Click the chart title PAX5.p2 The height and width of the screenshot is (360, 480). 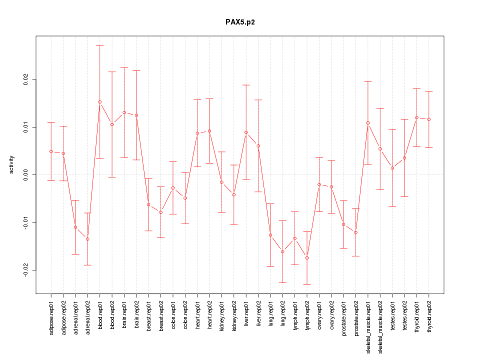(x=240, y=22)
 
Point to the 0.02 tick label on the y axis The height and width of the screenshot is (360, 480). (x=26, y=79)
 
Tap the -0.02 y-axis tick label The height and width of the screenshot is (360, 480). (x=26, y=270)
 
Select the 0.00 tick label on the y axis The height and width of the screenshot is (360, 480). (x=26, y=174)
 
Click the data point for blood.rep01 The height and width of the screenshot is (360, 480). (x=100, y=102)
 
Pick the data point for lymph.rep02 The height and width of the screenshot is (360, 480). (x=307, y=258)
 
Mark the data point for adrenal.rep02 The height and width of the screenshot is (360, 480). (x=87, y=239)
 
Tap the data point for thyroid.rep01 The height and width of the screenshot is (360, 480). (x=416, y=117)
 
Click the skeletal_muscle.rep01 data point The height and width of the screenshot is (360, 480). (x=368, y=123)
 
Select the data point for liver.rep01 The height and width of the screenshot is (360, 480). (x=246, y=132)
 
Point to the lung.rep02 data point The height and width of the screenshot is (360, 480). (x=282, y=251)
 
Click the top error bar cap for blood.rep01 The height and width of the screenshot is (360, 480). (x=100, y=45)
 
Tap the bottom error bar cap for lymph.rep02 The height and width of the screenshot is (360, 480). (x=307, y=284)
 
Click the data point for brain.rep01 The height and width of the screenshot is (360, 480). (x=124, y=112)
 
